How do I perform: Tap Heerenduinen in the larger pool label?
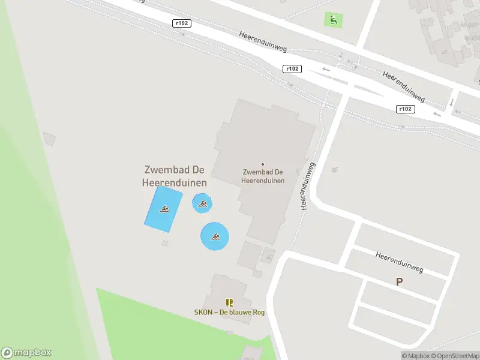[175, 182]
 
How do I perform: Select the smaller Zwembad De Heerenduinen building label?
[262, 176]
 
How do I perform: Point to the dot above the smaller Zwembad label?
[262, 164]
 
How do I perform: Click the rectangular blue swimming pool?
[163, 209]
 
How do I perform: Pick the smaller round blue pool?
[202, 203]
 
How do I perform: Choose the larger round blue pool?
[214, 236]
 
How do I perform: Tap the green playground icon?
[332, 20]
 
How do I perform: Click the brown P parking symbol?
[399, 281]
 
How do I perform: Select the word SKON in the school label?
[203, 312]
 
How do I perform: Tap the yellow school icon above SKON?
[229, 302]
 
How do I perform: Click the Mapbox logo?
[26, 353]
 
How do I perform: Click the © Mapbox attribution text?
[415, 356]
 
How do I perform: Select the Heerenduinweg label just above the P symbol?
[400, 262]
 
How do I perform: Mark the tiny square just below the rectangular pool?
[165, 243]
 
